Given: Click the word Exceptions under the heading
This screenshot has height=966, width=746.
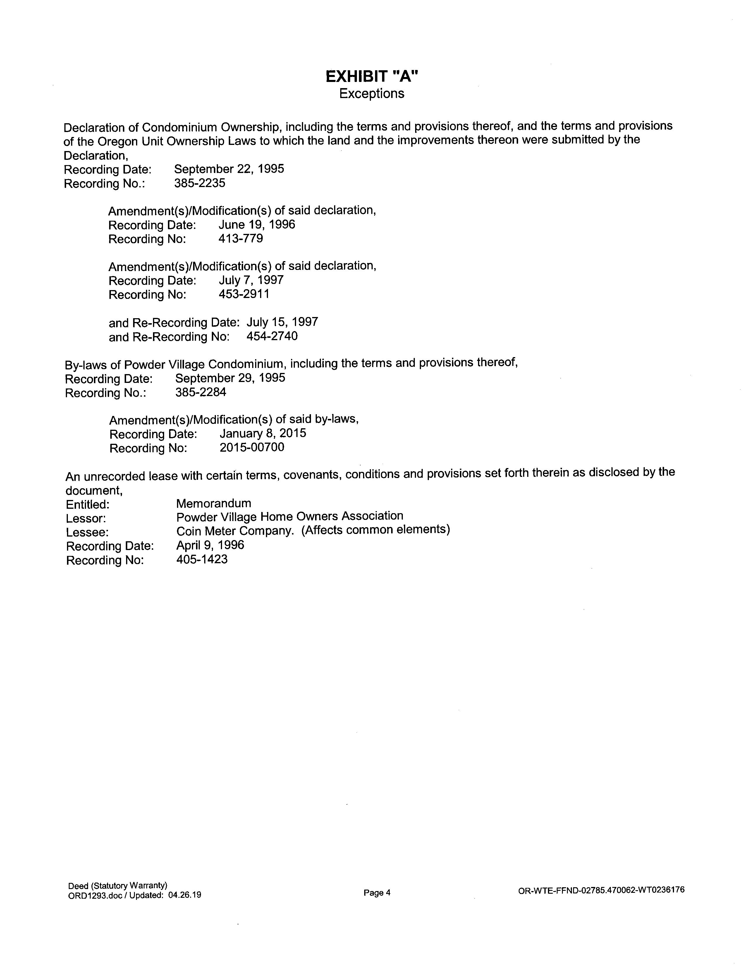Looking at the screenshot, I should (372, 94).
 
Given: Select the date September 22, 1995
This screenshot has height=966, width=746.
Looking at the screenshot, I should (229, 169).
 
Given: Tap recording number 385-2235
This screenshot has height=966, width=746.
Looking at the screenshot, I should (200, 183).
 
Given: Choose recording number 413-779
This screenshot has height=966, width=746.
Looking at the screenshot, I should (241, 239).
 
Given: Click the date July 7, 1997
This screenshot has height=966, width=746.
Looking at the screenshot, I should (251, 280).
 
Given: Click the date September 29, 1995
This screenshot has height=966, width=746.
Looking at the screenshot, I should (230, 378).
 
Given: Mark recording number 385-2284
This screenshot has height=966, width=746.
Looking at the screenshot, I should (201, 392).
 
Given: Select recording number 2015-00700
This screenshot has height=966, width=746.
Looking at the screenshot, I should (252, 447).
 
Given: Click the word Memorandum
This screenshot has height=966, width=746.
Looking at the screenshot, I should (214, 503).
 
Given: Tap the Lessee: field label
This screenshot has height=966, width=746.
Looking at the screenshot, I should (87, 532).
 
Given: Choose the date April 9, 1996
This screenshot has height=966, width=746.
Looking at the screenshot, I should (210, 545).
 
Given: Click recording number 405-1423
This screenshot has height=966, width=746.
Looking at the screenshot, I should (202, 559).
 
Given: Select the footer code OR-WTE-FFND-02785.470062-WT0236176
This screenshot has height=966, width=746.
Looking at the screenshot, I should (601, 890).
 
